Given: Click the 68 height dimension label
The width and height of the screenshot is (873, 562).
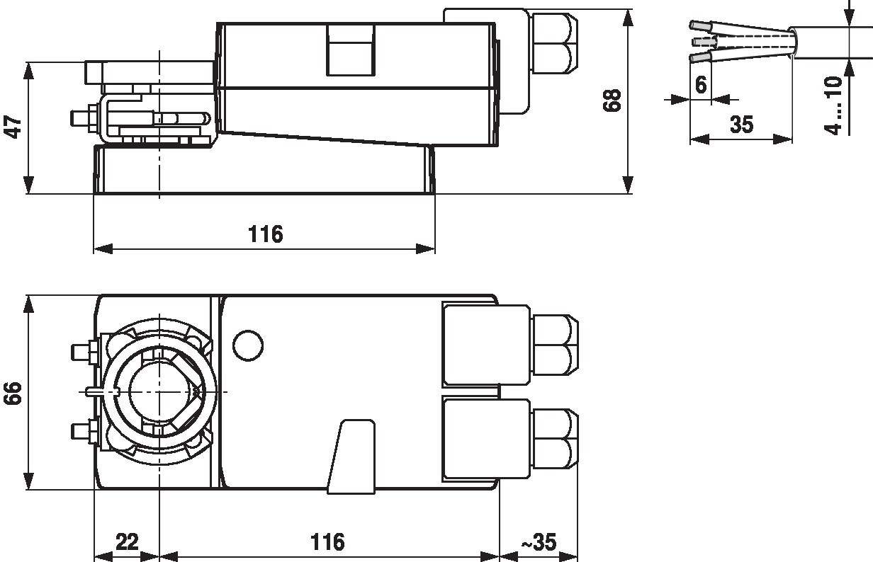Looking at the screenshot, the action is (612, 101).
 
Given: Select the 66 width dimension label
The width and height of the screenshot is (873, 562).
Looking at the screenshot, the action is (13, 393).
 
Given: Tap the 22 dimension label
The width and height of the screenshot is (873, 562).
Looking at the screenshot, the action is (127, 541).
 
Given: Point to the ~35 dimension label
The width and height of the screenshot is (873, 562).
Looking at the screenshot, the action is (539, 541).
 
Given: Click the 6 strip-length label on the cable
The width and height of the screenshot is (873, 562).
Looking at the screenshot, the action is (701, 85).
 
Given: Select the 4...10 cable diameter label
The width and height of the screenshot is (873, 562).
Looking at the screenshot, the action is (833, 105).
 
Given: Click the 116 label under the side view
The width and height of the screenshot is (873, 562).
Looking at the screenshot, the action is (266, 234).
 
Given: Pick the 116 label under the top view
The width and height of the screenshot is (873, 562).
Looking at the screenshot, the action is (327, 541).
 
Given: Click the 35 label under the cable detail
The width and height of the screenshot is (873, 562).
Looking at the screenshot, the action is (742, 125).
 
